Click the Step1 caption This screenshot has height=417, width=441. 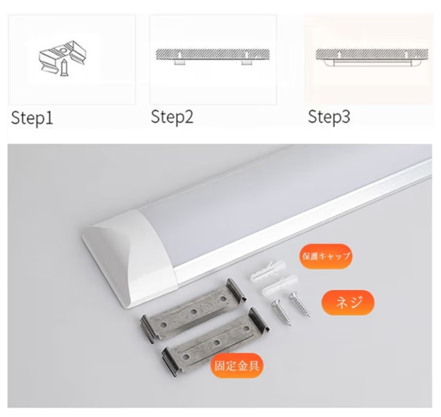pos(32,118)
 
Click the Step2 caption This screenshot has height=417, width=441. pos(172,116)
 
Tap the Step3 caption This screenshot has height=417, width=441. pos(329,116)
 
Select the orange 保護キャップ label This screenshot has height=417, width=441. pos(326,256)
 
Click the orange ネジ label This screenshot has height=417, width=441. pos(348,302)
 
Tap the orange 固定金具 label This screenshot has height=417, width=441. pos(237,366)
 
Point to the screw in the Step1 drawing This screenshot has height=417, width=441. pos(64,67)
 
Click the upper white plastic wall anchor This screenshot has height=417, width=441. pos(267,271)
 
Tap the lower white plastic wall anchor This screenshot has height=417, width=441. pos(280,285)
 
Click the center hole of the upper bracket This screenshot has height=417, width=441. pos(193,312)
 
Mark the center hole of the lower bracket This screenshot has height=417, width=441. pos(216,343)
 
